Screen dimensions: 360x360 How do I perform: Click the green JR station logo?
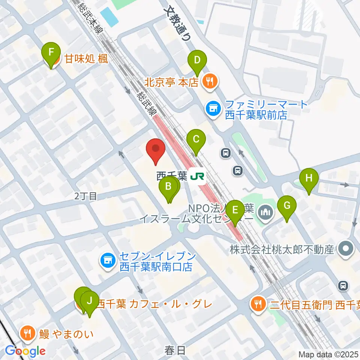click(197, 176)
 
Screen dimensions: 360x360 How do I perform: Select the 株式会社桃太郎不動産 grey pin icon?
click(345, 249)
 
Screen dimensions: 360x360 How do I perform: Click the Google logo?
click(25, 351)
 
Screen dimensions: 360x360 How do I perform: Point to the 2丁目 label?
click(85, 195)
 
